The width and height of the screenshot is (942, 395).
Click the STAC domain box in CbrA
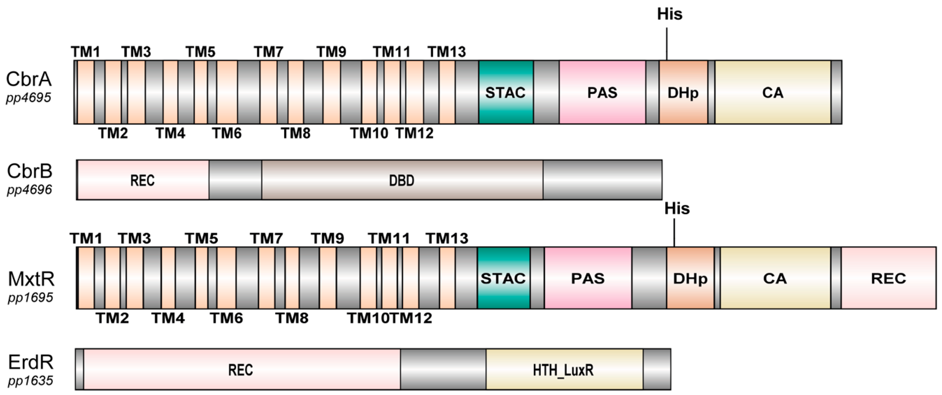(x=506, y=92)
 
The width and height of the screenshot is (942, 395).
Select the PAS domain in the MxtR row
(x=588, y=278)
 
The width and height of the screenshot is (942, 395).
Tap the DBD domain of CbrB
(x=402, y=180)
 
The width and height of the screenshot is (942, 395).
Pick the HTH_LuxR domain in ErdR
(x=564, y=370)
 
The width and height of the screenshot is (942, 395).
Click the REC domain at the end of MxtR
(x=888, y=278)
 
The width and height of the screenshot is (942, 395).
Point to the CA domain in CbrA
(x=773, y=92)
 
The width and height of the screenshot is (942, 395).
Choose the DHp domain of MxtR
(x=690, y=278)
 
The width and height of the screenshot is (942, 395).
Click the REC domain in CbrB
(x=143, y=180)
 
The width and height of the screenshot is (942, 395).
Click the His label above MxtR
(x=677, y=209)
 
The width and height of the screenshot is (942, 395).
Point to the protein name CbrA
(x=28, y=79)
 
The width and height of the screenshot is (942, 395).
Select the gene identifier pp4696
(x=29, y=190)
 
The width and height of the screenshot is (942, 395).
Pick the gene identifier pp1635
(x=30, y=381)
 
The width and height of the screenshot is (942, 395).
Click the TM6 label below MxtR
(x=226, y=318)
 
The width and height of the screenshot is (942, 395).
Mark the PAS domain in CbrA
(x=602, y=92)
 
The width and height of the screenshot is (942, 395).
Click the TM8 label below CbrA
(x=295, y=133)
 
